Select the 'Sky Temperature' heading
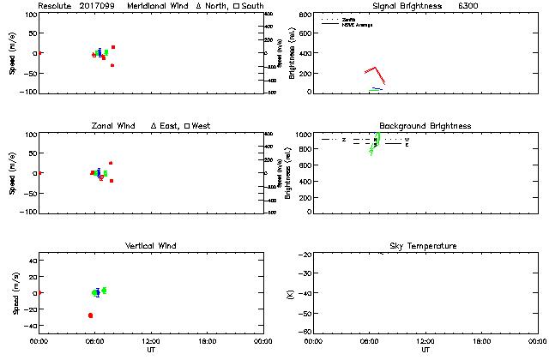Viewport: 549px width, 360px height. [425, 246]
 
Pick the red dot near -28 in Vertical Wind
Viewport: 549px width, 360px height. [90, 315]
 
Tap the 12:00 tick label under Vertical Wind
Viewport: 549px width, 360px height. [150, 340]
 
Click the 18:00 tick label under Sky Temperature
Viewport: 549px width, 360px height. [481, 340]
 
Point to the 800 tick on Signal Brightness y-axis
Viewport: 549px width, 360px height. [305, 15]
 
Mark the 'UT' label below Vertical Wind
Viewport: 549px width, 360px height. [150, 350]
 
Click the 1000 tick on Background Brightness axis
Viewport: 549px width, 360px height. [303, 135]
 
